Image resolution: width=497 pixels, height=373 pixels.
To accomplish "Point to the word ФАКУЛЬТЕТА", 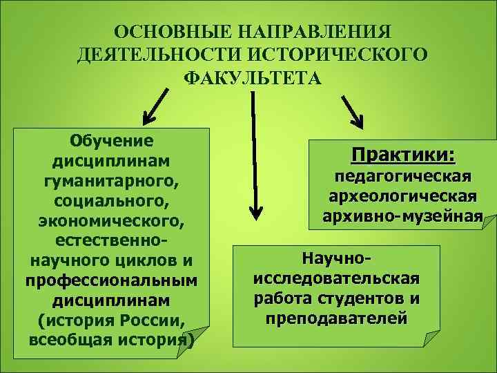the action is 252,77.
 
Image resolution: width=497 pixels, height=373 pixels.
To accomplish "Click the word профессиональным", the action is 111,282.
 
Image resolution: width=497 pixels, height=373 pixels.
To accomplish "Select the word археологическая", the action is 404,197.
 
